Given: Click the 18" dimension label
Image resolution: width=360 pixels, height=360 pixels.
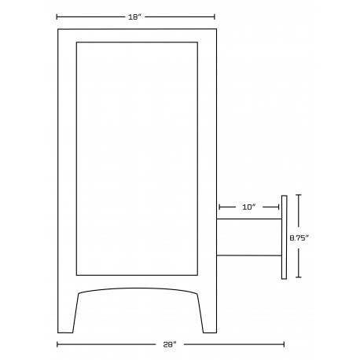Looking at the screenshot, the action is pyautogui.click(x=134, y=17).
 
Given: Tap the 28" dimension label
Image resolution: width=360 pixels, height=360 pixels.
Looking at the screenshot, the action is pyautogui.click(x=170, y=344).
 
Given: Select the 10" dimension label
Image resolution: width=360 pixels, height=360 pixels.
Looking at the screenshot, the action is pyautogui.click(x=248, y=208).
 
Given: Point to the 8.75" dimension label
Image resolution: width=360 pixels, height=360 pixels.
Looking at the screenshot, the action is pyautogui.click(x=299, y=238).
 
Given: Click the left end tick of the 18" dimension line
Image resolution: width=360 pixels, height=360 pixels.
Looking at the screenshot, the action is pyautogui.click(x=57, y=17).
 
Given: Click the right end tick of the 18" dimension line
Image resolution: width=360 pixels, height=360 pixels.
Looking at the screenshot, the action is pyautogui.click(x=215, y=17).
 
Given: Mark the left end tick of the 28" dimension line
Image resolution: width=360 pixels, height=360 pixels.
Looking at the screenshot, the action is pyautogui.click(x=57, y=344).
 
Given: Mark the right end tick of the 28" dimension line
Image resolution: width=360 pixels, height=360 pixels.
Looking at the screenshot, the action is pyautogui.click(x=284, y=344).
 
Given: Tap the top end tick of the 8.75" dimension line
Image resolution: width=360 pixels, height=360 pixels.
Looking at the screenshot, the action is pyautogui.click(x=299, y=195).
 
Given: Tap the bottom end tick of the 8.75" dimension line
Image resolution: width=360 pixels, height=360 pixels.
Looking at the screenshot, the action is pyautogui.click(x=299, y=277).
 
